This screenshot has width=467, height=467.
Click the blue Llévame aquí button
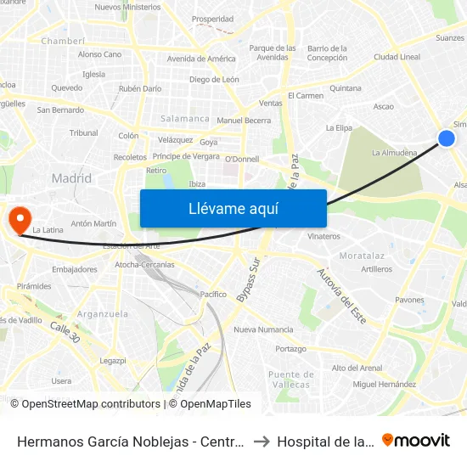233,208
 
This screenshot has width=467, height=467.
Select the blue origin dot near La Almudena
446,138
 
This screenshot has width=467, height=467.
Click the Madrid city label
71,178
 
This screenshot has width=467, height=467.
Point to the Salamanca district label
185,119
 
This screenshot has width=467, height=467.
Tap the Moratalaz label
363,255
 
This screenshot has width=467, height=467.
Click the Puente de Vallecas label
291,379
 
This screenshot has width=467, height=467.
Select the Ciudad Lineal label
397,58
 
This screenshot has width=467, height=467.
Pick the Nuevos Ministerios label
127,7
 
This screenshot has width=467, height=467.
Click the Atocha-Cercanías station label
144,265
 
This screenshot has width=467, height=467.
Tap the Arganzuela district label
102,313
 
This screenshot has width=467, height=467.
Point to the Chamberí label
63,40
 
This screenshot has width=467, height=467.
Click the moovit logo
416,440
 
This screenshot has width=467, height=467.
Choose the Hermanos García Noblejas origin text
131,442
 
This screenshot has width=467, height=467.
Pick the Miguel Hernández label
384,384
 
